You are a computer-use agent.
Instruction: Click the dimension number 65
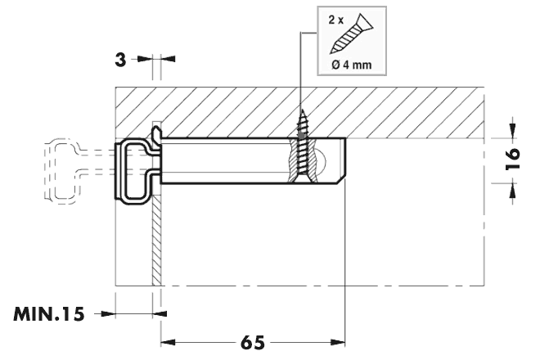(253, 343)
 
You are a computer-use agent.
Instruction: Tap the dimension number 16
(513, 159)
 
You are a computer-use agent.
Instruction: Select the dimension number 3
(120, 60)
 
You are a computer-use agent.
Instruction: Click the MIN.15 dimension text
(49, 314)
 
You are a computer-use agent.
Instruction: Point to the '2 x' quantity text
(336, 20)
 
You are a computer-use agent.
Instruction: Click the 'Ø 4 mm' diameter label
(352, 65)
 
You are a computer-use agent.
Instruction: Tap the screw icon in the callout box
(352, 34)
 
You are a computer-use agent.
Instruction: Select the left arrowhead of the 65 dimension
(168, 343)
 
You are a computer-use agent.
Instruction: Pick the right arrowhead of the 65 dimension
(338, 343)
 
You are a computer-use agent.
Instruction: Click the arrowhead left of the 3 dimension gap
(145, 59)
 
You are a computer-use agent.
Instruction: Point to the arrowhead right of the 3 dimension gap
(168, 59)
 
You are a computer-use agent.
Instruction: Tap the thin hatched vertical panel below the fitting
(156, 241)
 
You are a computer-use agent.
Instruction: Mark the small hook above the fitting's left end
(156, 133)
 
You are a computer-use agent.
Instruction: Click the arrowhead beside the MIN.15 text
(160, 314)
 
